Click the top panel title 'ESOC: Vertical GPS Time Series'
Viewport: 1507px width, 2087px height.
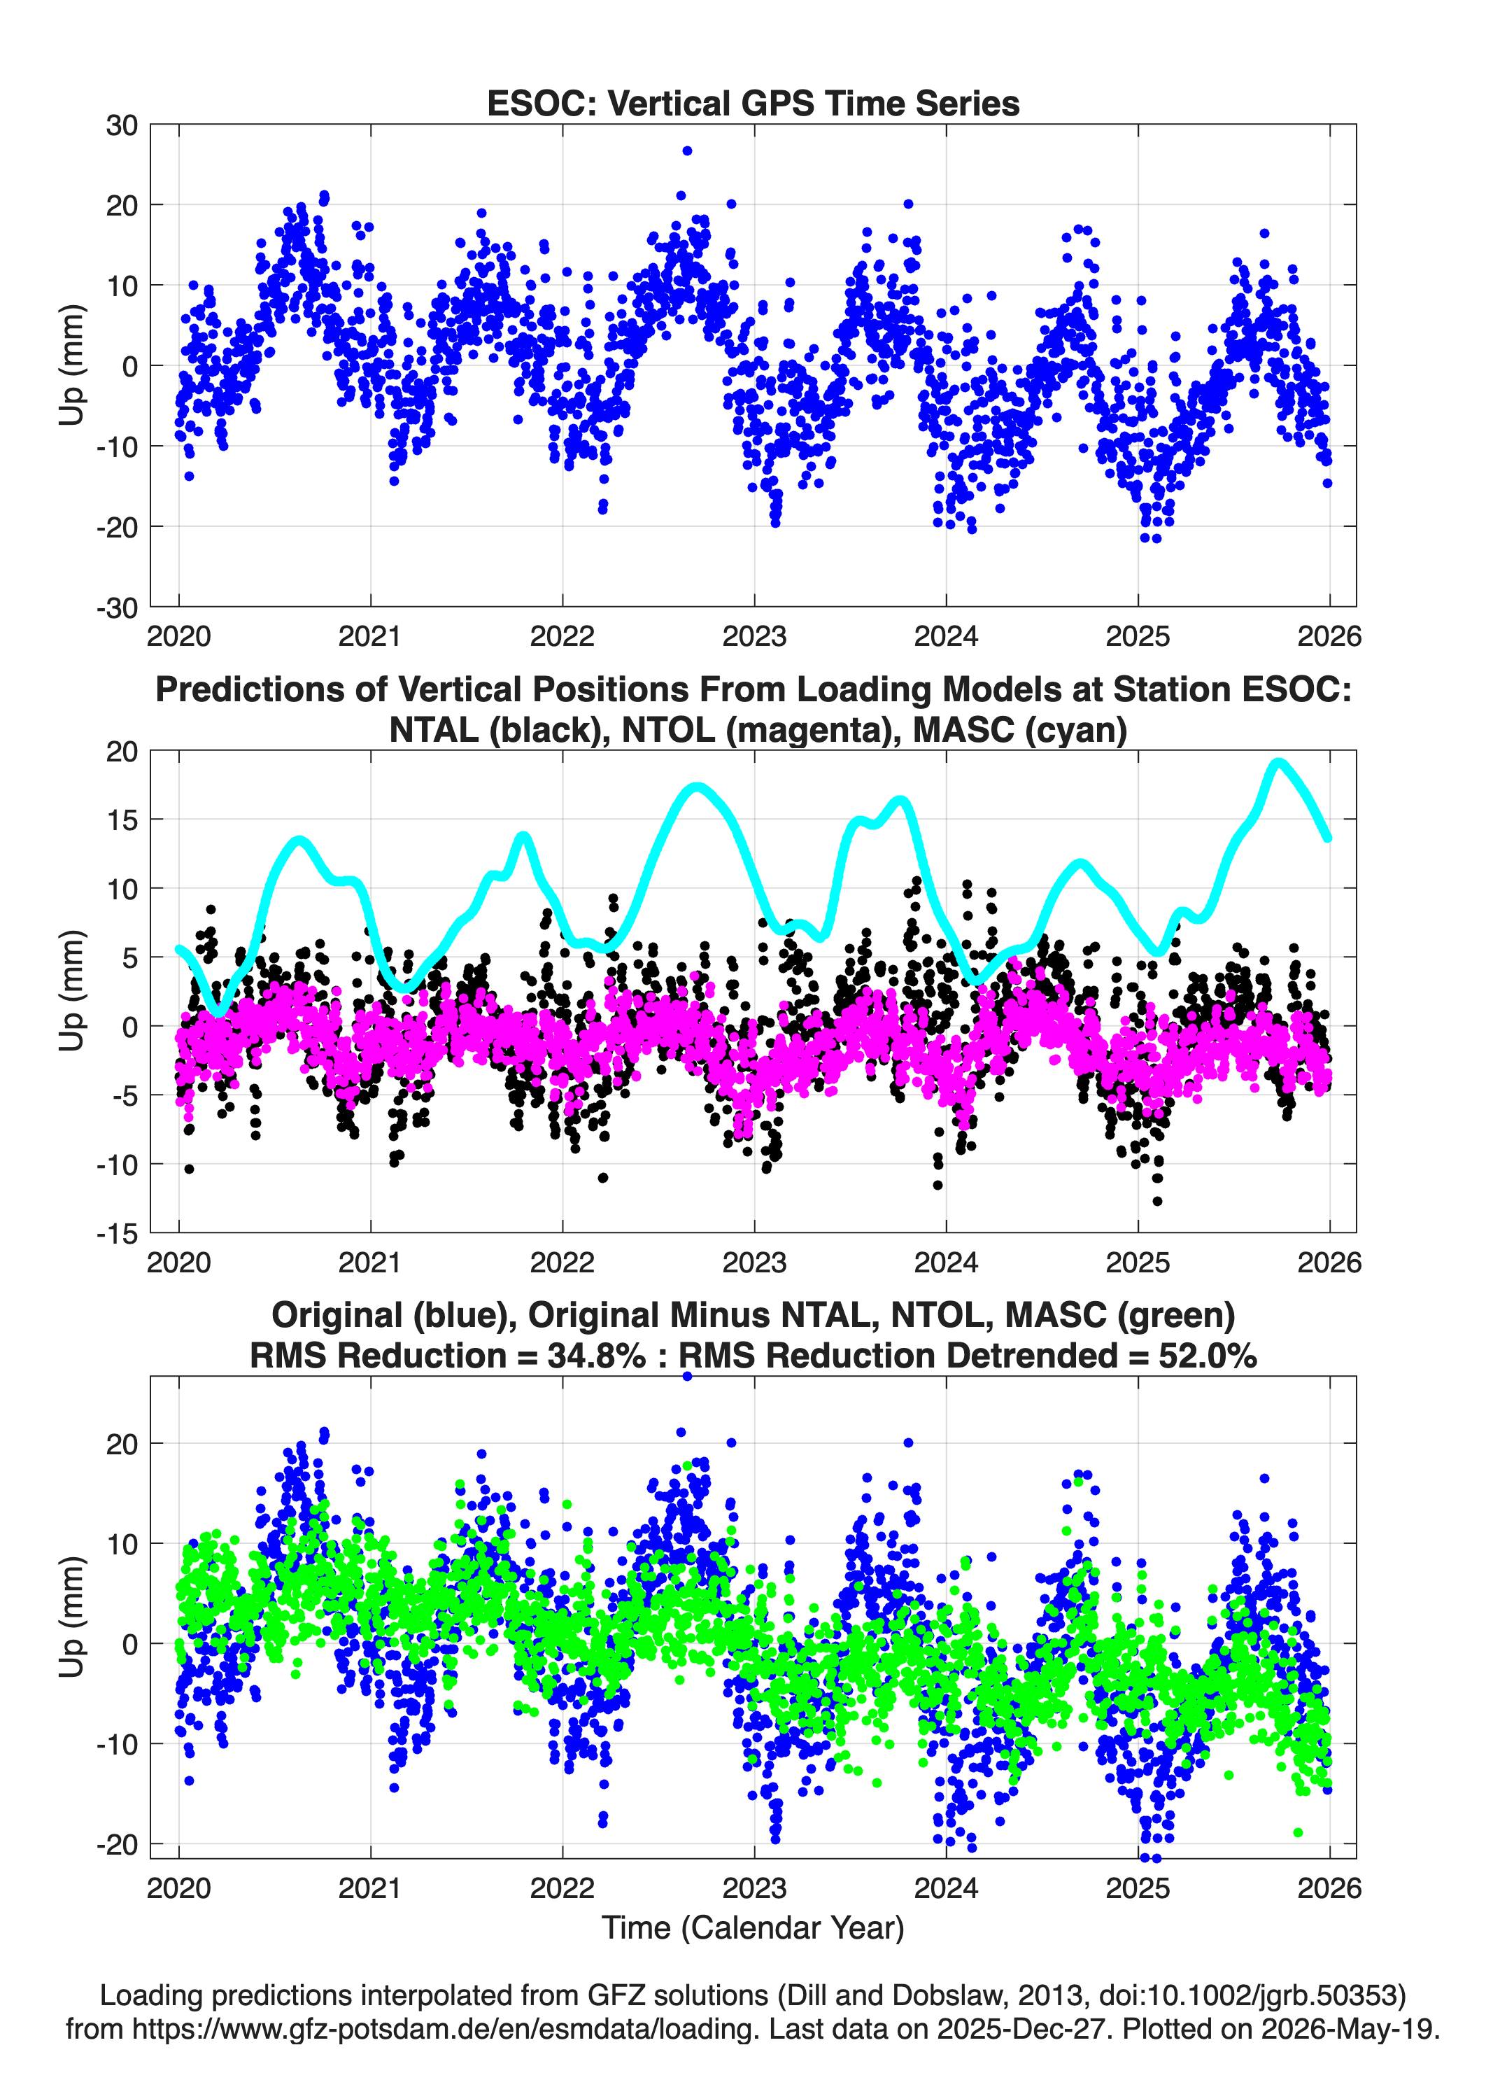pos(753,103)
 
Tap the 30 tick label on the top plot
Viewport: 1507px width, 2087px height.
pos(122,125)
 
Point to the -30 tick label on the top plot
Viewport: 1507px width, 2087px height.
pos(117,607)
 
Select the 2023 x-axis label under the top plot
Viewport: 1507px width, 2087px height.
pos(754,636)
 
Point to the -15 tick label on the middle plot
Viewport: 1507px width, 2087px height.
pos(117,1233)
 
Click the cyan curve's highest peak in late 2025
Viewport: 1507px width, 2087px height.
pos(1277,763)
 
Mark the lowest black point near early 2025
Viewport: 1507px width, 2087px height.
pos(1157,1201)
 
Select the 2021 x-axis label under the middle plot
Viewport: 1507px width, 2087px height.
pos(370,1262)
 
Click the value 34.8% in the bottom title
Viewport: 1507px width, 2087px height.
pos(596,1356)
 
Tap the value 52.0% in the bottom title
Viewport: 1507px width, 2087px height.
pos(1207,1356)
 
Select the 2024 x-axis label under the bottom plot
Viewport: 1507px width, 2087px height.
pos(946,1888)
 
